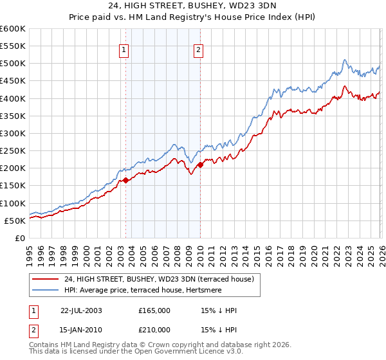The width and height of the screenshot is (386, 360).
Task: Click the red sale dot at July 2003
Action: tap(126, 181)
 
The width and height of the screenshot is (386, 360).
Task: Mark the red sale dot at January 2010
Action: tap(200, 165)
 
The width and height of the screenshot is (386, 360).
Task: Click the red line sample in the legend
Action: tap(46, 279)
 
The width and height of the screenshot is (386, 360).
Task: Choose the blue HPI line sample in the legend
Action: tap(46, 290)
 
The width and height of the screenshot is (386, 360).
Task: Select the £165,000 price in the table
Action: tap(154, 310)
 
